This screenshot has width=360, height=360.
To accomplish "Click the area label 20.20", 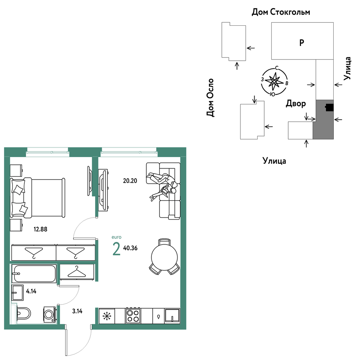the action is [130, 181].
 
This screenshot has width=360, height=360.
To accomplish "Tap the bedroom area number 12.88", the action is [40, 229].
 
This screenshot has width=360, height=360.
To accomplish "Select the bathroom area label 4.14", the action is [31, 291].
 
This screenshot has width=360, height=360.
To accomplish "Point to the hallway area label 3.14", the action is [77, 311].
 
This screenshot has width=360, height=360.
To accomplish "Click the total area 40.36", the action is [130, 248].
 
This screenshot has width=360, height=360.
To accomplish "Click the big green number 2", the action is [116, 249].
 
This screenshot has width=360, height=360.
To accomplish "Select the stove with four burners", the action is [133, 316].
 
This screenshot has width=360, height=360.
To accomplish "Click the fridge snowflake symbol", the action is [107, 316].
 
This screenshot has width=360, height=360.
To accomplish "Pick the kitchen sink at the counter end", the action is [172, 316].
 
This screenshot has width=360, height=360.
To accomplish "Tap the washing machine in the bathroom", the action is [50, 314].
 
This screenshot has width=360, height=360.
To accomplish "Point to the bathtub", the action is [34, 274].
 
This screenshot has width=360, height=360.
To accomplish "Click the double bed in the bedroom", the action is [38, 198].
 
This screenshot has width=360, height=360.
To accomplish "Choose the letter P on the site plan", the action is [302, 43].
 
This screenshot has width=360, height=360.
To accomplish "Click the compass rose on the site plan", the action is [274, 81].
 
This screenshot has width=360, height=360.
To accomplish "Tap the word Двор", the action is [296, 103].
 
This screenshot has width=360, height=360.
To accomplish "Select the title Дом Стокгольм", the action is [281, 12].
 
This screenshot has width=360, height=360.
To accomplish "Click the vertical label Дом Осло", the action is [210, 97].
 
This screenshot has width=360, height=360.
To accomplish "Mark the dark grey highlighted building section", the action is [323, 120].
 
